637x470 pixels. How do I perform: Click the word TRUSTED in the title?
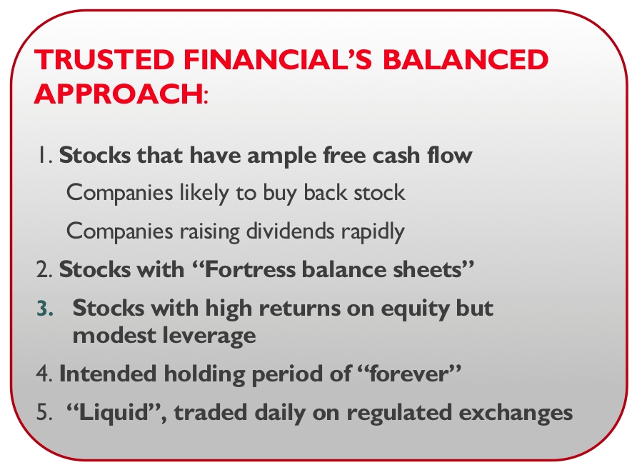[105, 60]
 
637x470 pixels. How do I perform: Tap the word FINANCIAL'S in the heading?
[278, 60]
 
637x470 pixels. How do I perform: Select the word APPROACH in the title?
[119, 94]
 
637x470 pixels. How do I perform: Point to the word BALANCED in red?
[466, 60]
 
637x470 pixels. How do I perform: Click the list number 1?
[44, 155]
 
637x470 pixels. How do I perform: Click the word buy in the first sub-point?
[280, 194]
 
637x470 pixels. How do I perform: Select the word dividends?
[290, 231]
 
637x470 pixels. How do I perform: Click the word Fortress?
[249, 270]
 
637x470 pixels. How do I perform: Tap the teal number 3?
[45, 309]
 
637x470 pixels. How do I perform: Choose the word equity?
[415, 309]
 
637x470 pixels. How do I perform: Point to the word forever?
[408, 374]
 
